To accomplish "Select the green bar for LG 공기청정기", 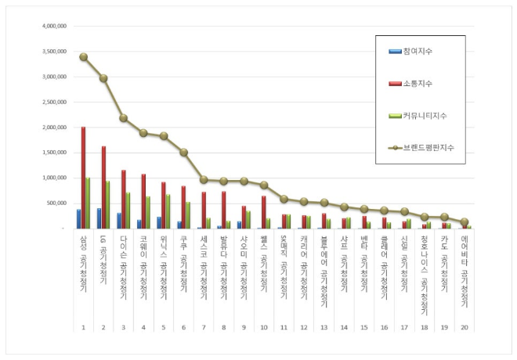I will click(108, 205).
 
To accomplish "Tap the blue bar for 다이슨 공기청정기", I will click(119, 221).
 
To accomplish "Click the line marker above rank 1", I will click(83, 57).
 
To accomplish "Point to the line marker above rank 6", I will click(184, 153).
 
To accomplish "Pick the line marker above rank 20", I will click(465, 222).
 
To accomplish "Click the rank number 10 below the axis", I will click(264, 328).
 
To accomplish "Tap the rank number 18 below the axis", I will click(425, 328).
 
